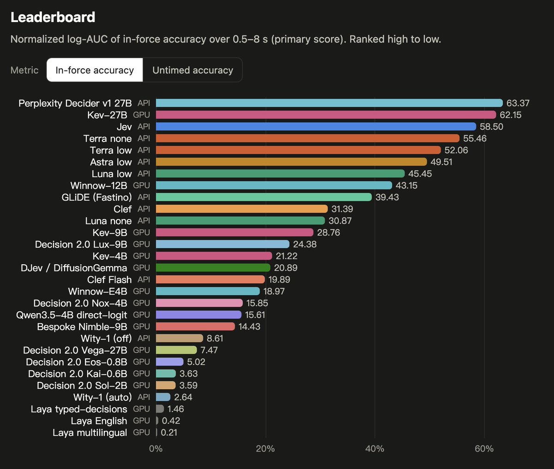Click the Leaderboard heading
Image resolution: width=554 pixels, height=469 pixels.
[x=53, y=17]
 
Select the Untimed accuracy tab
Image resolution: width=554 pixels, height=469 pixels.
[x=193, y=70]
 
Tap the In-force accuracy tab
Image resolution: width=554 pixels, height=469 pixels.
[x=95, y=70]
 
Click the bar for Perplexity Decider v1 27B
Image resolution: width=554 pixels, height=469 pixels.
[x=329, y=103]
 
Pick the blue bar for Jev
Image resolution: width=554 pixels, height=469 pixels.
[x=316, y=127]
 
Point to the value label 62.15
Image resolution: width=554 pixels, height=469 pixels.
[x=511, y=115]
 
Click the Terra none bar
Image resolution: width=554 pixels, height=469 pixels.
[x=307, y=138]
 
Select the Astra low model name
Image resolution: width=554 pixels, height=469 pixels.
[x=111, y=162]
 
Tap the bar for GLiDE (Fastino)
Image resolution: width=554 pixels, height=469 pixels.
[x=264, y=197]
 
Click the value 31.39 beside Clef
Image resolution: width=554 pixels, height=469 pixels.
[x=342, y=209]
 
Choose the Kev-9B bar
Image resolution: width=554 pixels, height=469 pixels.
[x=235, y=232]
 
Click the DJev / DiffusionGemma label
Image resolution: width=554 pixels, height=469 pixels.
[x=74, y=268]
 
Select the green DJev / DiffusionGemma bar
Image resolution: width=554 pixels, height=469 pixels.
[x=213, y=267]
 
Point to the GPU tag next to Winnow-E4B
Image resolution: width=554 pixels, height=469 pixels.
[x=141, y=291]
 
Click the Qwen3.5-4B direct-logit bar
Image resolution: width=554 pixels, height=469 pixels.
[x=199, y=315]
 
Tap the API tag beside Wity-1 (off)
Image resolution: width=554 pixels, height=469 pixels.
[x=144, y=338]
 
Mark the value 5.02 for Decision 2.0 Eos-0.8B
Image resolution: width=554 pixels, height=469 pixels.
[x=196, y=362]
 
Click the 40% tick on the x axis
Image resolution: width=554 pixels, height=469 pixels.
[x=375, y=449]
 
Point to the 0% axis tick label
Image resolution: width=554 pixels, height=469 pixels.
[x=156, y=449]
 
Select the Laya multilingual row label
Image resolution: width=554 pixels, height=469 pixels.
[x=90, y=433]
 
